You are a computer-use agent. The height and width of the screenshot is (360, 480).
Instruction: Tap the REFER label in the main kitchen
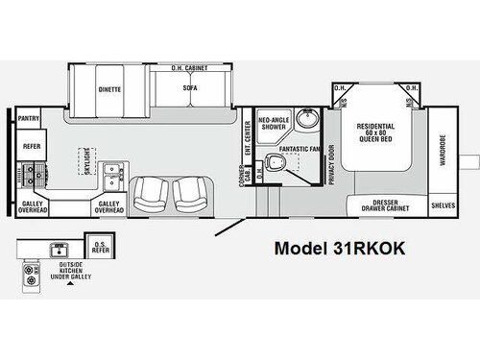click(x=30, y=146)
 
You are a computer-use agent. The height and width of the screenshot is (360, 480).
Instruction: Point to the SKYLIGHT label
click(x=88, y=158)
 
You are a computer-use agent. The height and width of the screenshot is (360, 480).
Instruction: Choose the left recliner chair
click(x=152, y=194)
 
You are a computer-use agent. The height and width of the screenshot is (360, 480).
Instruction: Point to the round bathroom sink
click(x=305, y=122)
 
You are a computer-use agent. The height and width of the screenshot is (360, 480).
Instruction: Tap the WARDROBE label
click(x=444, y=148)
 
